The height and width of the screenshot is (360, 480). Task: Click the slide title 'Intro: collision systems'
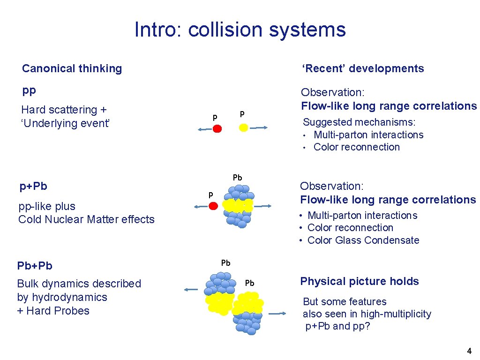tap(240, 30)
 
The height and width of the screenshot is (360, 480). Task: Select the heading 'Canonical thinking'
tap(72, 68)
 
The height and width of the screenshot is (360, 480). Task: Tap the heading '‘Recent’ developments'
tap(363, 68)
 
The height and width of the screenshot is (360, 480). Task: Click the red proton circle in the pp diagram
tap(217, 128)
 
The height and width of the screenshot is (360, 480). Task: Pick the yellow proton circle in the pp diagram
tap(243, 127)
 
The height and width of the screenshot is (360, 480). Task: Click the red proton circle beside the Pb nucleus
tap(213, 205)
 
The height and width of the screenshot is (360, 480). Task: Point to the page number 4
tap(469, 351)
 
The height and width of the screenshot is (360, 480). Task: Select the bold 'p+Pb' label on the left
tap(33, 186)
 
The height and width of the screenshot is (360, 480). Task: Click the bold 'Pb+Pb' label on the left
tap(35, 266)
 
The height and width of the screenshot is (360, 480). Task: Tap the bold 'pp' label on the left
tap(29, 90)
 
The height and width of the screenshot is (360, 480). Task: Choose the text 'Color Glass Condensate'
tap(363, 240)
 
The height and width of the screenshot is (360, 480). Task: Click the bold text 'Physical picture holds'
tap(360, 281)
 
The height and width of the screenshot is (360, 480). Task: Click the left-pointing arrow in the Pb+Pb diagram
tap(192, 290)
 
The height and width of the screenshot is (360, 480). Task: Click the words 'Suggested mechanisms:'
tap(359, 122)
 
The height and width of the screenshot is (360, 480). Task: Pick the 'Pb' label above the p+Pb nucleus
tap(238, 178)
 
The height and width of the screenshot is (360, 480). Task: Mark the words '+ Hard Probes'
tap(53, 311)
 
